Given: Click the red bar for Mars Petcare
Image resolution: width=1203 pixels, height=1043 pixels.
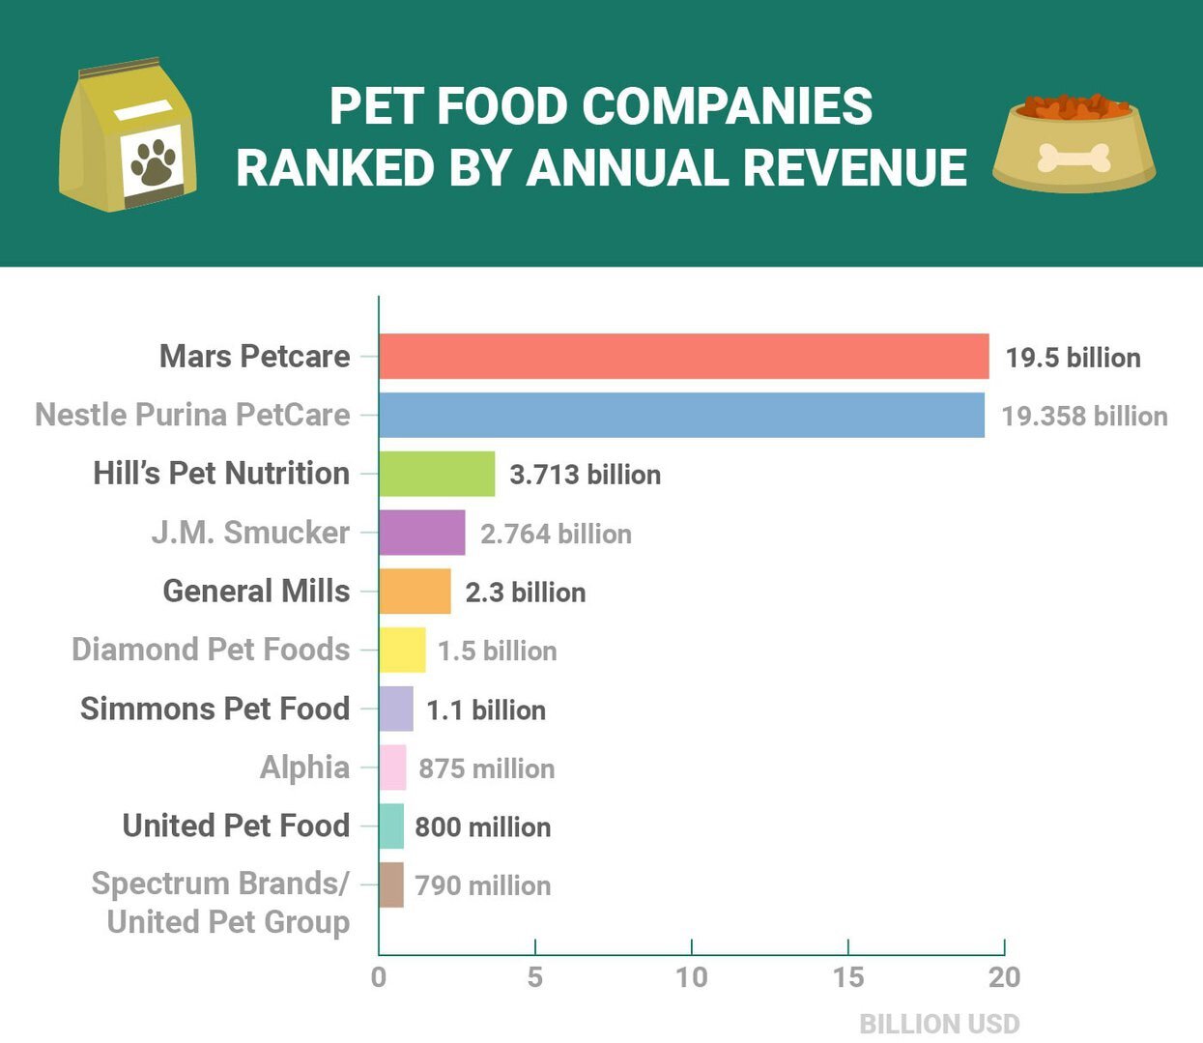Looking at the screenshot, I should click(683, 357).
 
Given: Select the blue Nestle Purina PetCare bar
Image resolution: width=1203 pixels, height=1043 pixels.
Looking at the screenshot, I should click(681, 415).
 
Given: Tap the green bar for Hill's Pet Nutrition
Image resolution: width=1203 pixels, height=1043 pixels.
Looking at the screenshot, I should click(437, 474).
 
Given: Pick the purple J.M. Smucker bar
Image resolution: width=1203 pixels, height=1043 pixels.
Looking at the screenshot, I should click(421, 533).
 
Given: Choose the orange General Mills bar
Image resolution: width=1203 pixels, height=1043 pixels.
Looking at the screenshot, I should click(415, 592).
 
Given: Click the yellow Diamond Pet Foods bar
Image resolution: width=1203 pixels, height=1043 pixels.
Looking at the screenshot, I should click(402, 650).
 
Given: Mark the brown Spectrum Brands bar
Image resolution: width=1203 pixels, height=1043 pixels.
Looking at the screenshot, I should click(391, 884).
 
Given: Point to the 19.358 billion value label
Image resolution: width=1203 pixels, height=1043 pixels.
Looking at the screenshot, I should click(1084, 417).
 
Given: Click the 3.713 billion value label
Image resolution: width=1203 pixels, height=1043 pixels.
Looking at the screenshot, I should click(585, 475).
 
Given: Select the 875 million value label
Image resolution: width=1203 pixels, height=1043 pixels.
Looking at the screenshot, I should click(486, 768).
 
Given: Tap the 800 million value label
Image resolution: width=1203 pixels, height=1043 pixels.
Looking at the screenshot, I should click(482, 827).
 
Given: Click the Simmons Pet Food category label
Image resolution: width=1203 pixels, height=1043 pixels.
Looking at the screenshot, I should click(215, 709).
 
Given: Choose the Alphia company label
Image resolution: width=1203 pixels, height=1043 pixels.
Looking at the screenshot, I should click(304, 768).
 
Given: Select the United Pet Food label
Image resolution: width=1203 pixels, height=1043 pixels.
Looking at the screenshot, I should click(236, 826).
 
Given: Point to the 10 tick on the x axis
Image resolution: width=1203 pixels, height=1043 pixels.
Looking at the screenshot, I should click(691, 977).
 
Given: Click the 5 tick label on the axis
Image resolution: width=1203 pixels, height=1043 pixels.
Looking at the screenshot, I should click(534, 977).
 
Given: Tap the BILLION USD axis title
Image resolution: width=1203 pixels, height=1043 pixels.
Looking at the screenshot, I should click(939, 1024).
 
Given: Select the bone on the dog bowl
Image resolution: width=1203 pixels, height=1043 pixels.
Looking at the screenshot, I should click(1074, 158).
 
